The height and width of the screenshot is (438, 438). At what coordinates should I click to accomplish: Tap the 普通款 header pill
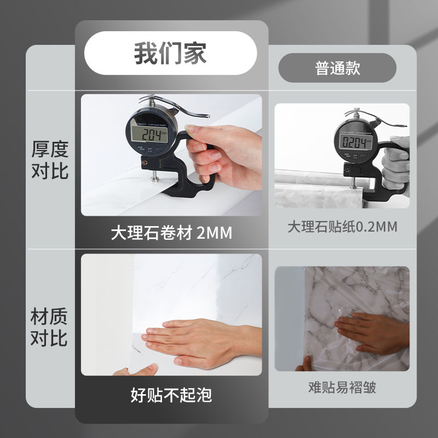coord(337,68)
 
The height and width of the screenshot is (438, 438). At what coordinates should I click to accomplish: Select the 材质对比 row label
coord(49,327)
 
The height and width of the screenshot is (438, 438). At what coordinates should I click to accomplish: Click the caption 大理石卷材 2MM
coord(171,233)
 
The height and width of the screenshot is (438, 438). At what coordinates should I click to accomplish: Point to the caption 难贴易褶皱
coord(342,388)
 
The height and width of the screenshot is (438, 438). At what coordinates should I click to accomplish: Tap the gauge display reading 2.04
coord(149,134)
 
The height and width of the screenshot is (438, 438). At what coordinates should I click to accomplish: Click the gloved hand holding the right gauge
coord(395,164)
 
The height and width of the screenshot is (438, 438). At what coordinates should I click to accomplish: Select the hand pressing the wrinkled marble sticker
coord(372,331)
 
